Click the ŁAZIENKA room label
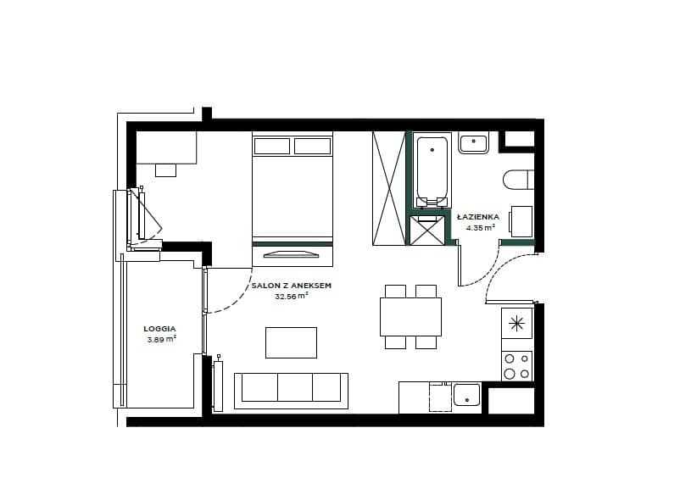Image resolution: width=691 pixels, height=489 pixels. pyautogui.click(x=478, y=217)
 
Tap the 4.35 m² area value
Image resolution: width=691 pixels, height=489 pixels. pyautogui.click(x=481, y=228)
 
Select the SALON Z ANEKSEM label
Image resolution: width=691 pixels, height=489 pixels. pyautogui.click(x=292, y=286)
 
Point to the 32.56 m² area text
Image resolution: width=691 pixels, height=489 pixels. pyautogui.click(x=292, y=296)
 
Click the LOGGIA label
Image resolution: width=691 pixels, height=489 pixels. pyautogui.click(x=159, y=329)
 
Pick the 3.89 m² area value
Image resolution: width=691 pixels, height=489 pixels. pyautogui.click(x=162, y=339)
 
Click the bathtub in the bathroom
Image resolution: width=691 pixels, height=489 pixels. pyautogui.click(x=432, y=169)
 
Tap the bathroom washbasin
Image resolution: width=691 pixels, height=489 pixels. pyautogui.click(x=473, y=142)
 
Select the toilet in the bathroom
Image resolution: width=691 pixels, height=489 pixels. pyautogui.click(x=519, y=180)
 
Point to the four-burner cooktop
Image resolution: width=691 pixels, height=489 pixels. pyautogui.click(x=517, y=366)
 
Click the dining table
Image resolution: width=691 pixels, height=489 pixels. pyautogui.click(x=410, y=317)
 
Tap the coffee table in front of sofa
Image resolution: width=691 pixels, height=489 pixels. pyautogui.click(x=291, y=342)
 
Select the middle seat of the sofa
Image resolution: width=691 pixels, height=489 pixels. pyautogui.click(x=295, y=387)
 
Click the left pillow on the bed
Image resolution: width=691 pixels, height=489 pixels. pyautogui.click(x=272, y=146)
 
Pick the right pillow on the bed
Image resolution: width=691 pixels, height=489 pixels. pyautogui.click(x=313, y=146)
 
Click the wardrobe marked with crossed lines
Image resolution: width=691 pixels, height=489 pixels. pyautogui.click(x=388, y=188)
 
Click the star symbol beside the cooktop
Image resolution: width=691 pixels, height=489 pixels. pyautogui.click(x=516, y=324)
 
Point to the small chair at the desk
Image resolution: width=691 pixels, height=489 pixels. pyautogui.click(x=165, y=170)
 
